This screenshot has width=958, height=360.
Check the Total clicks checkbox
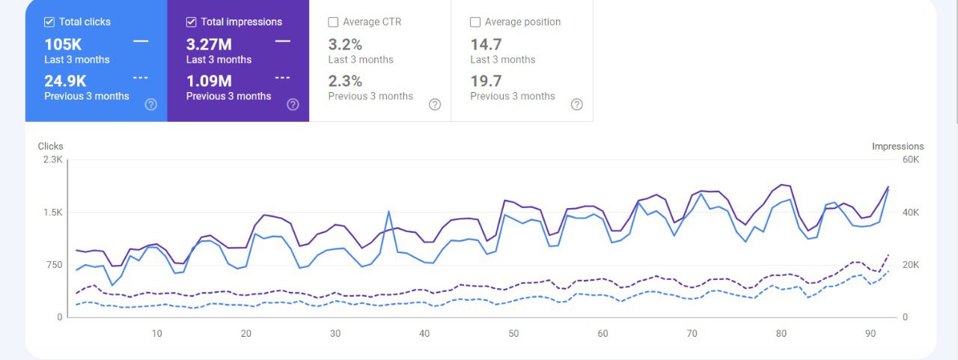(x=49, y=22)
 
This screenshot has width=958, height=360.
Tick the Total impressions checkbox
(x=192, y=22)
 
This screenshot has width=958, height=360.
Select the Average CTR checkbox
(x=334, y=22)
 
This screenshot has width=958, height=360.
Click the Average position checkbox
(x=475, y=22)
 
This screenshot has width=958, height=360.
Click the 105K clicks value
(x=63, y=44)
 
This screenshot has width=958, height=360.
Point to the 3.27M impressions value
(x=209, y=44)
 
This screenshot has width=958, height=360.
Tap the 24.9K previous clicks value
(x=66, y=81)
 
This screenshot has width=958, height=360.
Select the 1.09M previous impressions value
(x=209, y=81)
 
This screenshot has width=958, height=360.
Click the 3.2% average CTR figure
(x=345, y=44)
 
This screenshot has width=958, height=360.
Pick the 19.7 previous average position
(x=486, y=81)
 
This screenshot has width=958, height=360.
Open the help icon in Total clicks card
(x=150, y=104)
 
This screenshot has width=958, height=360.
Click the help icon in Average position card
(x=576, y=104)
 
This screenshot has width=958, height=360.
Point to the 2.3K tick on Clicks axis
(x=52, y=159)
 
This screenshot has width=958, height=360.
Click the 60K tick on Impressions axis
(x=910, y=159)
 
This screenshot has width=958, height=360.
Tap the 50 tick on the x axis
(x=513, y=334)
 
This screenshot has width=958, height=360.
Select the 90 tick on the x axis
(x=870, y=334)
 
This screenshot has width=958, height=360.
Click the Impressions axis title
(x=897, y=147)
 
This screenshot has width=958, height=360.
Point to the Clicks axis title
(x=51, y=146)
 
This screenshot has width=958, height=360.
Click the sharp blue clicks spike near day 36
(x=389, y=212)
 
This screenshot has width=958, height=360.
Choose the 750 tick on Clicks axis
(x=54, y=265)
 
